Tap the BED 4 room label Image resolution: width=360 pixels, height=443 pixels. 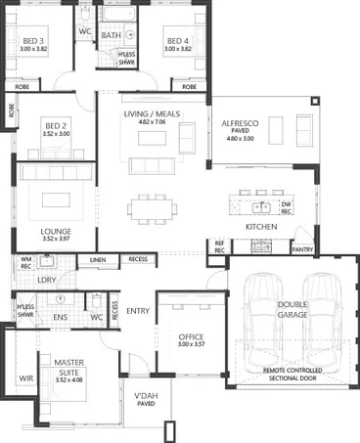coord(176,40)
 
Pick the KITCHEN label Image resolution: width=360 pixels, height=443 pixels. coord(261,227)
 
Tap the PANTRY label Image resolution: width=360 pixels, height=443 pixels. coord(301,249)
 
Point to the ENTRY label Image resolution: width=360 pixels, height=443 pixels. coord(139,311)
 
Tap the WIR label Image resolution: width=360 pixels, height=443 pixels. coord(25,378)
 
